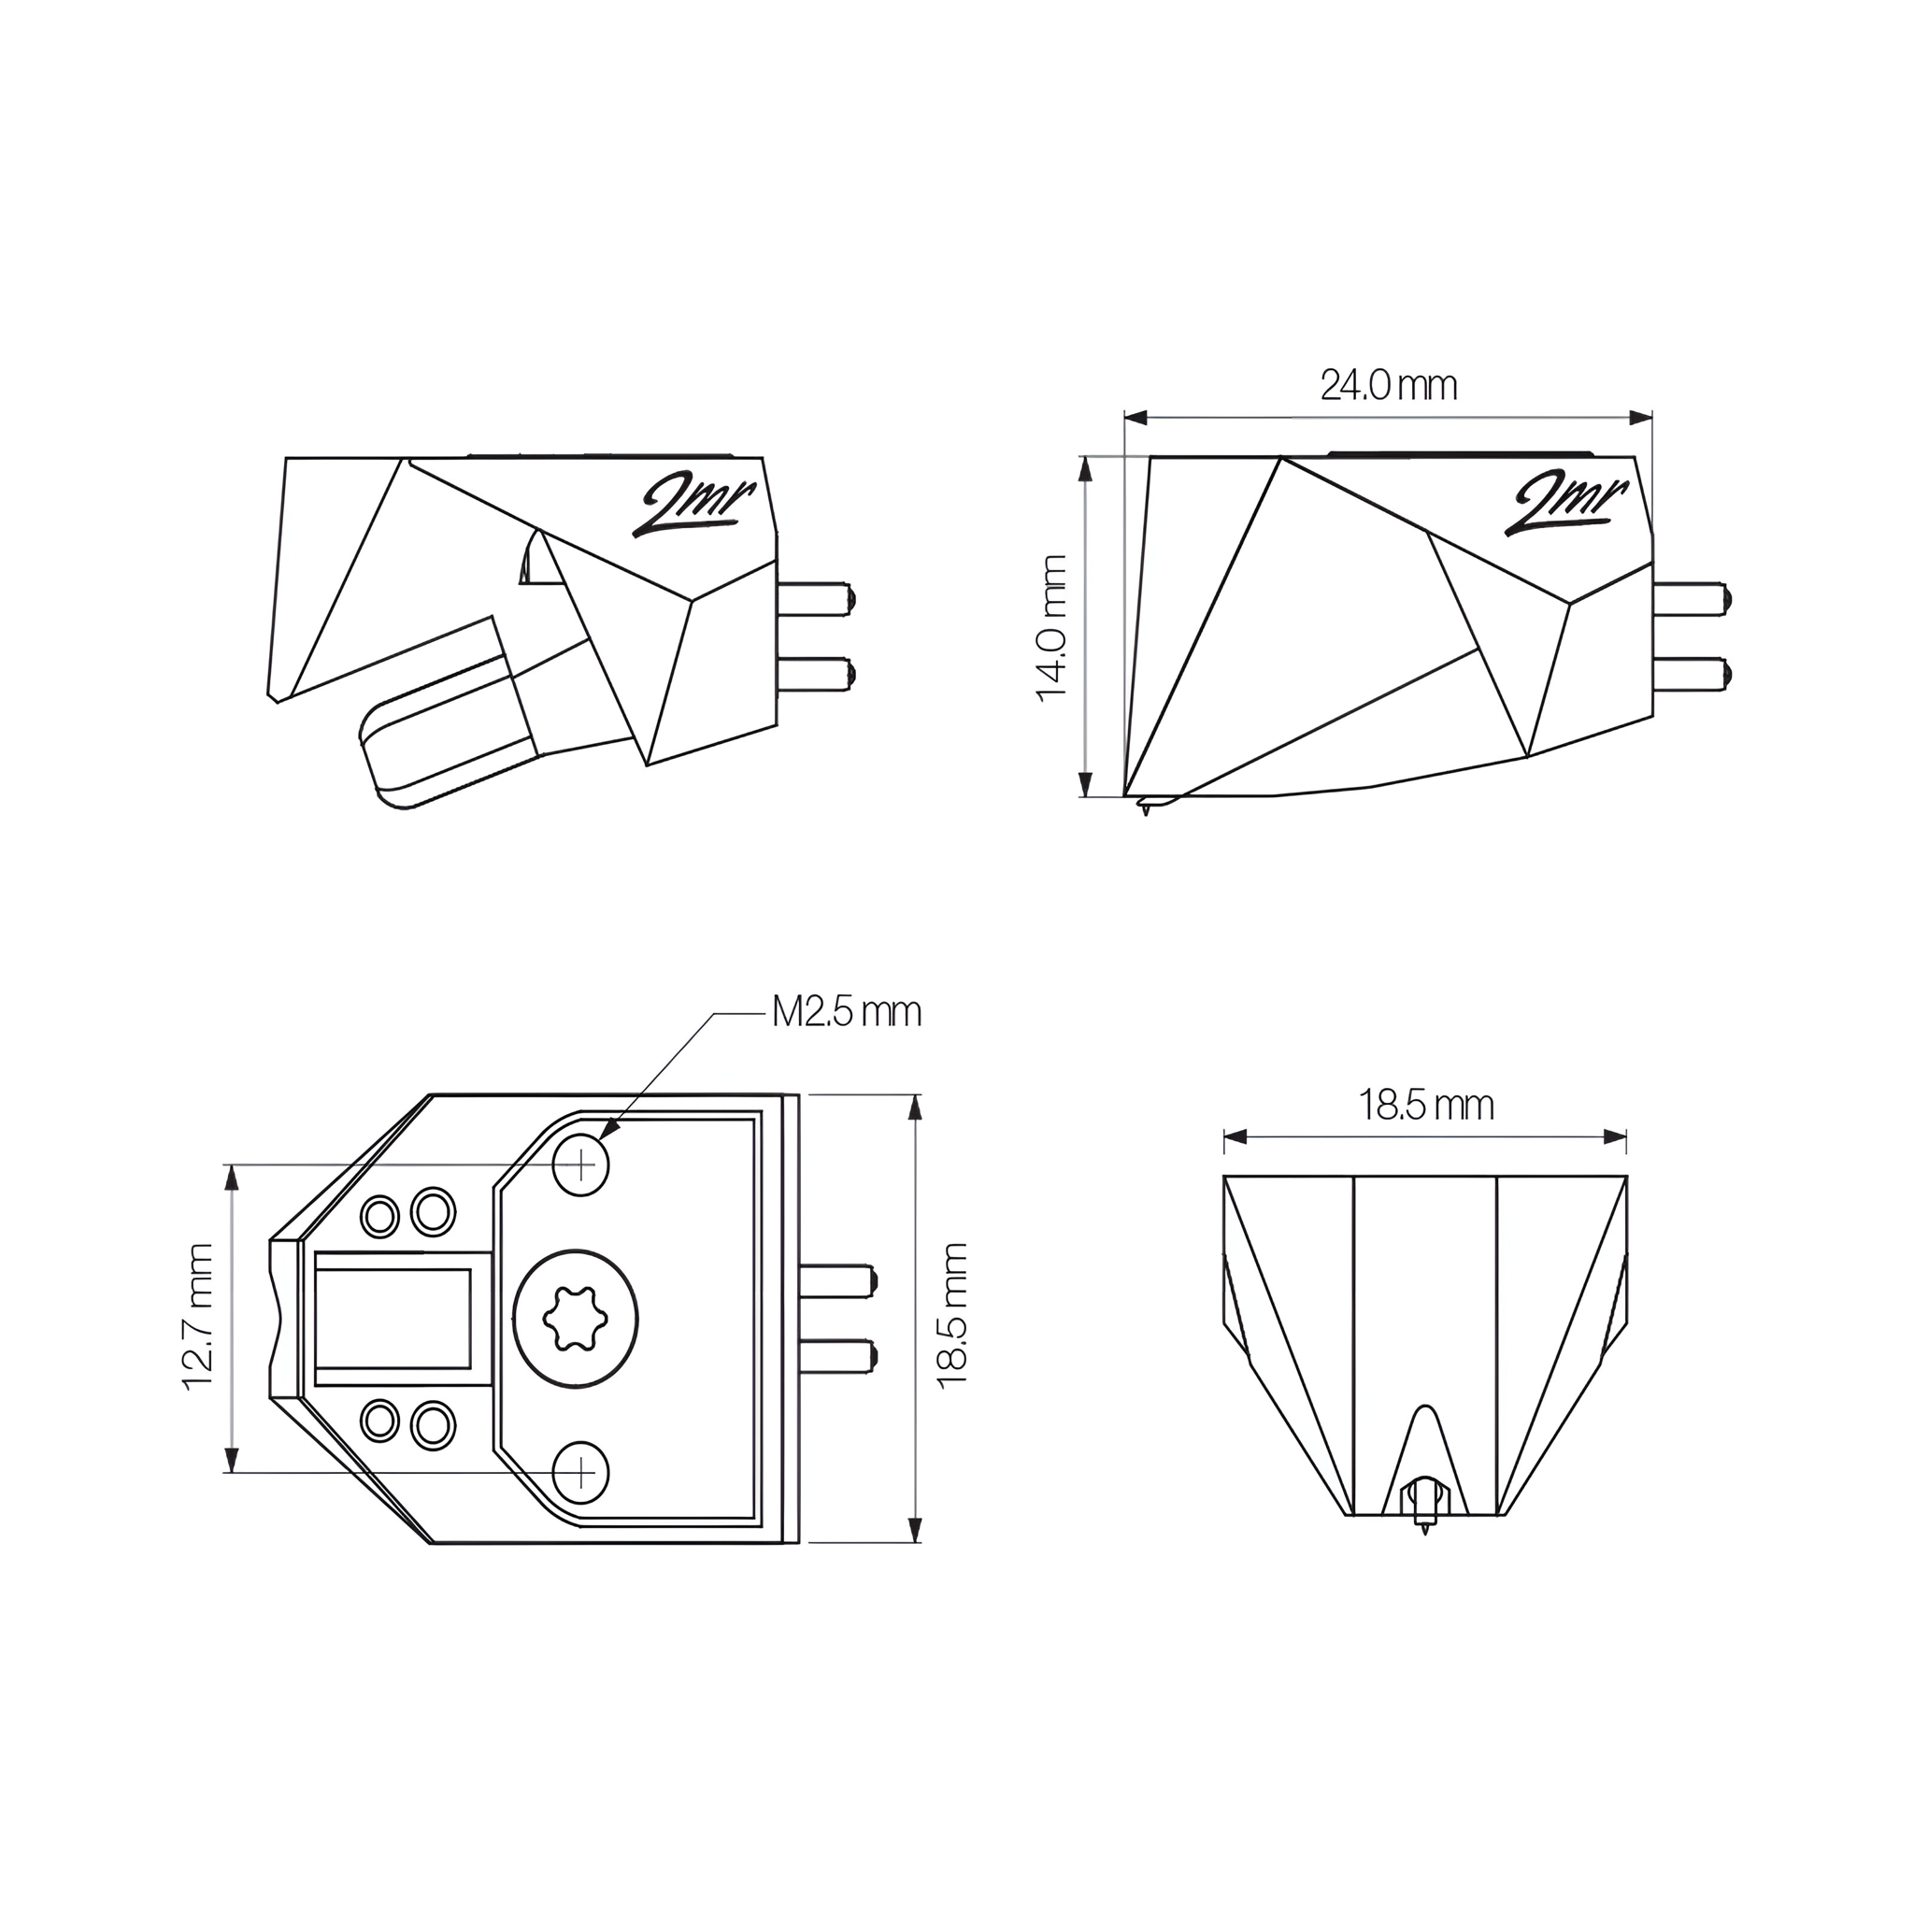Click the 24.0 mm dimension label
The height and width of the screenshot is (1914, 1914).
click(1388, 385)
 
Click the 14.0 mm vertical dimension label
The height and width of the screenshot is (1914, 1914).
click(1052, 628)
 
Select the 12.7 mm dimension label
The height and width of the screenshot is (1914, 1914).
click(199, 1318)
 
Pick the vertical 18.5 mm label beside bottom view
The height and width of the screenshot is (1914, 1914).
click(952, 1317)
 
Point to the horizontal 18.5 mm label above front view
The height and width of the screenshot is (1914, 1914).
click(1424, 1105)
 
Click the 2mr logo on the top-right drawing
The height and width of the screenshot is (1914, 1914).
click(1566, 505)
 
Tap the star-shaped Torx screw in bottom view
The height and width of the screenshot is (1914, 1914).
click(577, 1319)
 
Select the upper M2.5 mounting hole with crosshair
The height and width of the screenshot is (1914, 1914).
click(581, 1165)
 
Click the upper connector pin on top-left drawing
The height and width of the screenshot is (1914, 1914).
click(815, 598)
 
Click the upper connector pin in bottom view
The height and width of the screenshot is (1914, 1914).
click(837, 1281)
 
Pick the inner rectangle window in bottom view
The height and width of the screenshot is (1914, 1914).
click(393, 1318)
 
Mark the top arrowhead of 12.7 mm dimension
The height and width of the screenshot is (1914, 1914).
click(233, 1174)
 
